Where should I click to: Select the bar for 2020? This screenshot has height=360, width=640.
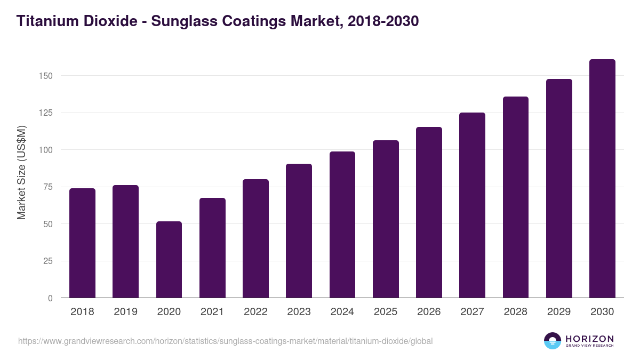pos(169,260)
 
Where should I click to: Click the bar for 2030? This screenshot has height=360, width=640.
pos(602,179)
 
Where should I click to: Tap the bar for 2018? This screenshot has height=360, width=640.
pos(82,243)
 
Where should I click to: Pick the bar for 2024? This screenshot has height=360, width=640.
pos(342,225)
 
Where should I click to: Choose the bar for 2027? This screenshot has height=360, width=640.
pos(472,205)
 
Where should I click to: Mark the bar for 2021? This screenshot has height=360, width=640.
pos(212,248)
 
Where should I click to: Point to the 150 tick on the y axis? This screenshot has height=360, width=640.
pos(46,76)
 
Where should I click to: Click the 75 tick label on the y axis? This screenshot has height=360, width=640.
pos(48,187)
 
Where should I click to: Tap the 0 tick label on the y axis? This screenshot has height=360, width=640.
pos(50,298)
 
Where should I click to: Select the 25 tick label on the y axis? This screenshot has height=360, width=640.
pos(48,261)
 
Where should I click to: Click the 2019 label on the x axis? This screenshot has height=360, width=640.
pos(125,312)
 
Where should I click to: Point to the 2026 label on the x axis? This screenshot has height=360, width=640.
pos(429,312)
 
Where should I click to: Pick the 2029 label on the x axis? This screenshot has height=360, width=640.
pos(559,312)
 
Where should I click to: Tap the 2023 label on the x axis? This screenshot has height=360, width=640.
pos(299,312)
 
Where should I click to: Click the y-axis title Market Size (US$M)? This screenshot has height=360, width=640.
pos(21,172)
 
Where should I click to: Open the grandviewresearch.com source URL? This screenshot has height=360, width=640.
pos(225,341)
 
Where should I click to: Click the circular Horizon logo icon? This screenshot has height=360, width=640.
pos(553,341)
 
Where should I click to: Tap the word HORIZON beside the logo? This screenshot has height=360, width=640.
pos(589,339)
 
